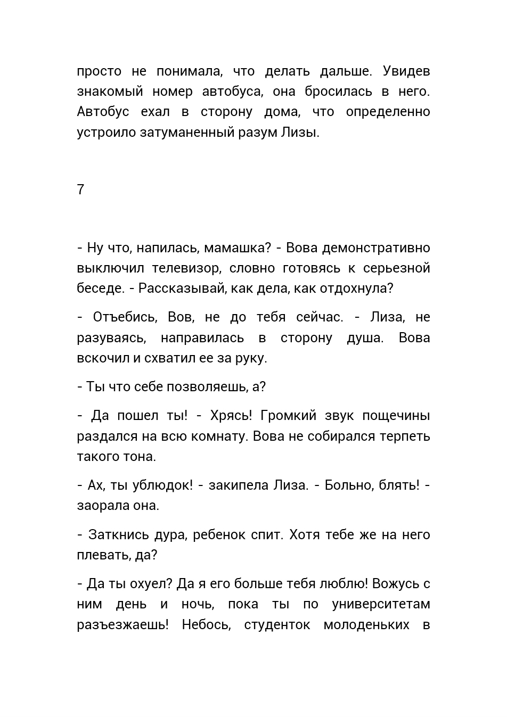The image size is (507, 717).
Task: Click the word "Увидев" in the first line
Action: [x=406, y=71]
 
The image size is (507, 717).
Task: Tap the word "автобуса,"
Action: [x=233, y=92]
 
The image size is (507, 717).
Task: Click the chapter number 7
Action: [x=81, y=189]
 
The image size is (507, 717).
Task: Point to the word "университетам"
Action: [x=381, y=604]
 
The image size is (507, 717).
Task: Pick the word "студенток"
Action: [x=277, y=624]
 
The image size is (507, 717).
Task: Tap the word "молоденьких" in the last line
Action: [x=366, y=624]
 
